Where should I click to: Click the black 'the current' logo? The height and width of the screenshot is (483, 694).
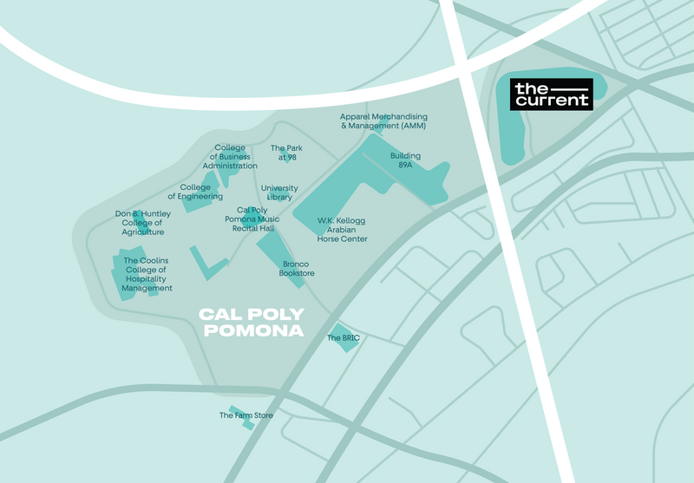coord(552,94)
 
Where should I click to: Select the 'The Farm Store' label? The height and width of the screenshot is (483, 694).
coord(246,416)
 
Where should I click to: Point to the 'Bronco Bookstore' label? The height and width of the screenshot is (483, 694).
coord(297,269)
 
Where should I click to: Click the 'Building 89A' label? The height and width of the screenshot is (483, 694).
coord(404,160)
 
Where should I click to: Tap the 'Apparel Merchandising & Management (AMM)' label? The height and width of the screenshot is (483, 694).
coord(383,121)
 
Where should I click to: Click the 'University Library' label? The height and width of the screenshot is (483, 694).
coord(279,193)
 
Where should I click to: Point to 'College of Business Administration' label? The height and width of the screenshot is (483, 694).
coord(230,156)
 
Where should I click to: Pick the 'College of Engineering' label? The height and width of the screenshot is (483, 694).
coord(195,192)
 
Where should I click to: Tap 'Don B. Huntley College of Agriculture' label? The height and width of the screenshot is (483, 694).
coord(143,223)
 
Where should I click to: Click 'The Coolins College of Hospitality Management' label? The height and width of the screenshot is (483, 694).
coord(147,274)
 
